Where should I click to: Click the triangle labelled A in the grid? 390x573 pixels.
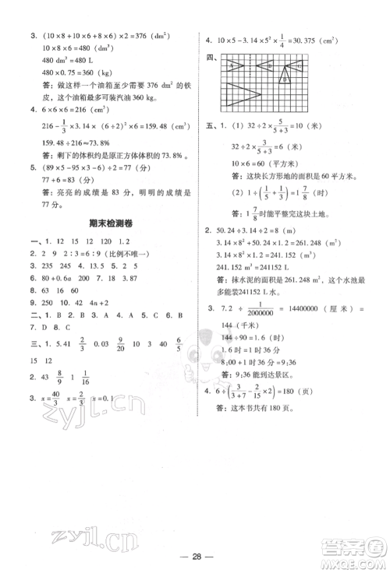234,66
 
